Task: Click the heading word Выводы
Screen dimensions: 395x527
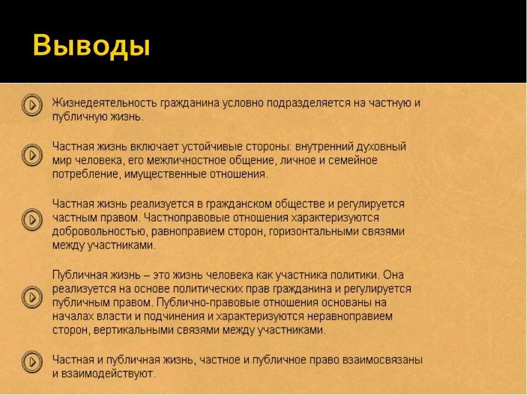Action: click(x=92, y=46)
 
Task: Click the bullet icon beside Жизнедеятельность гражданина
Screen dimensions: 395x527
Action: click(x=32, y=105)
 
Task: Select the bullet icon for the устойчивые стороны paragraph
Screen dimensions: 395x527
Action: click(x=32, y=155)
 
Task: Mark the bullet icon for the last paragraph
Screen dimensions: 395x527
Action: click(x=32, y=362)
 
